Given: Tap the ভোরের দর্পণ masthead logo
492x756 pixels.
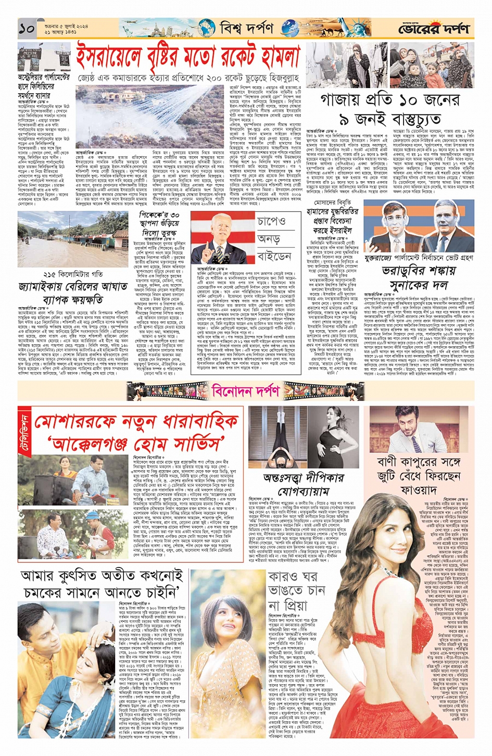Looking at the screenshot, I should click(x=434, y=29).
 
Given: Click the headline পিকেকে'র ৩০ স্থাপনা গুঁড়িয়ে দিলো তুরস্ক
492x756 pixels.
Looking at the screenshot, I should click(x=159, y=223).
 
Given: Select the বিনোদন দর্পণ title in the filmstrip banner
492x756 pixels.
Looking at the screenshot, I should click(x=246, y=390).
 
